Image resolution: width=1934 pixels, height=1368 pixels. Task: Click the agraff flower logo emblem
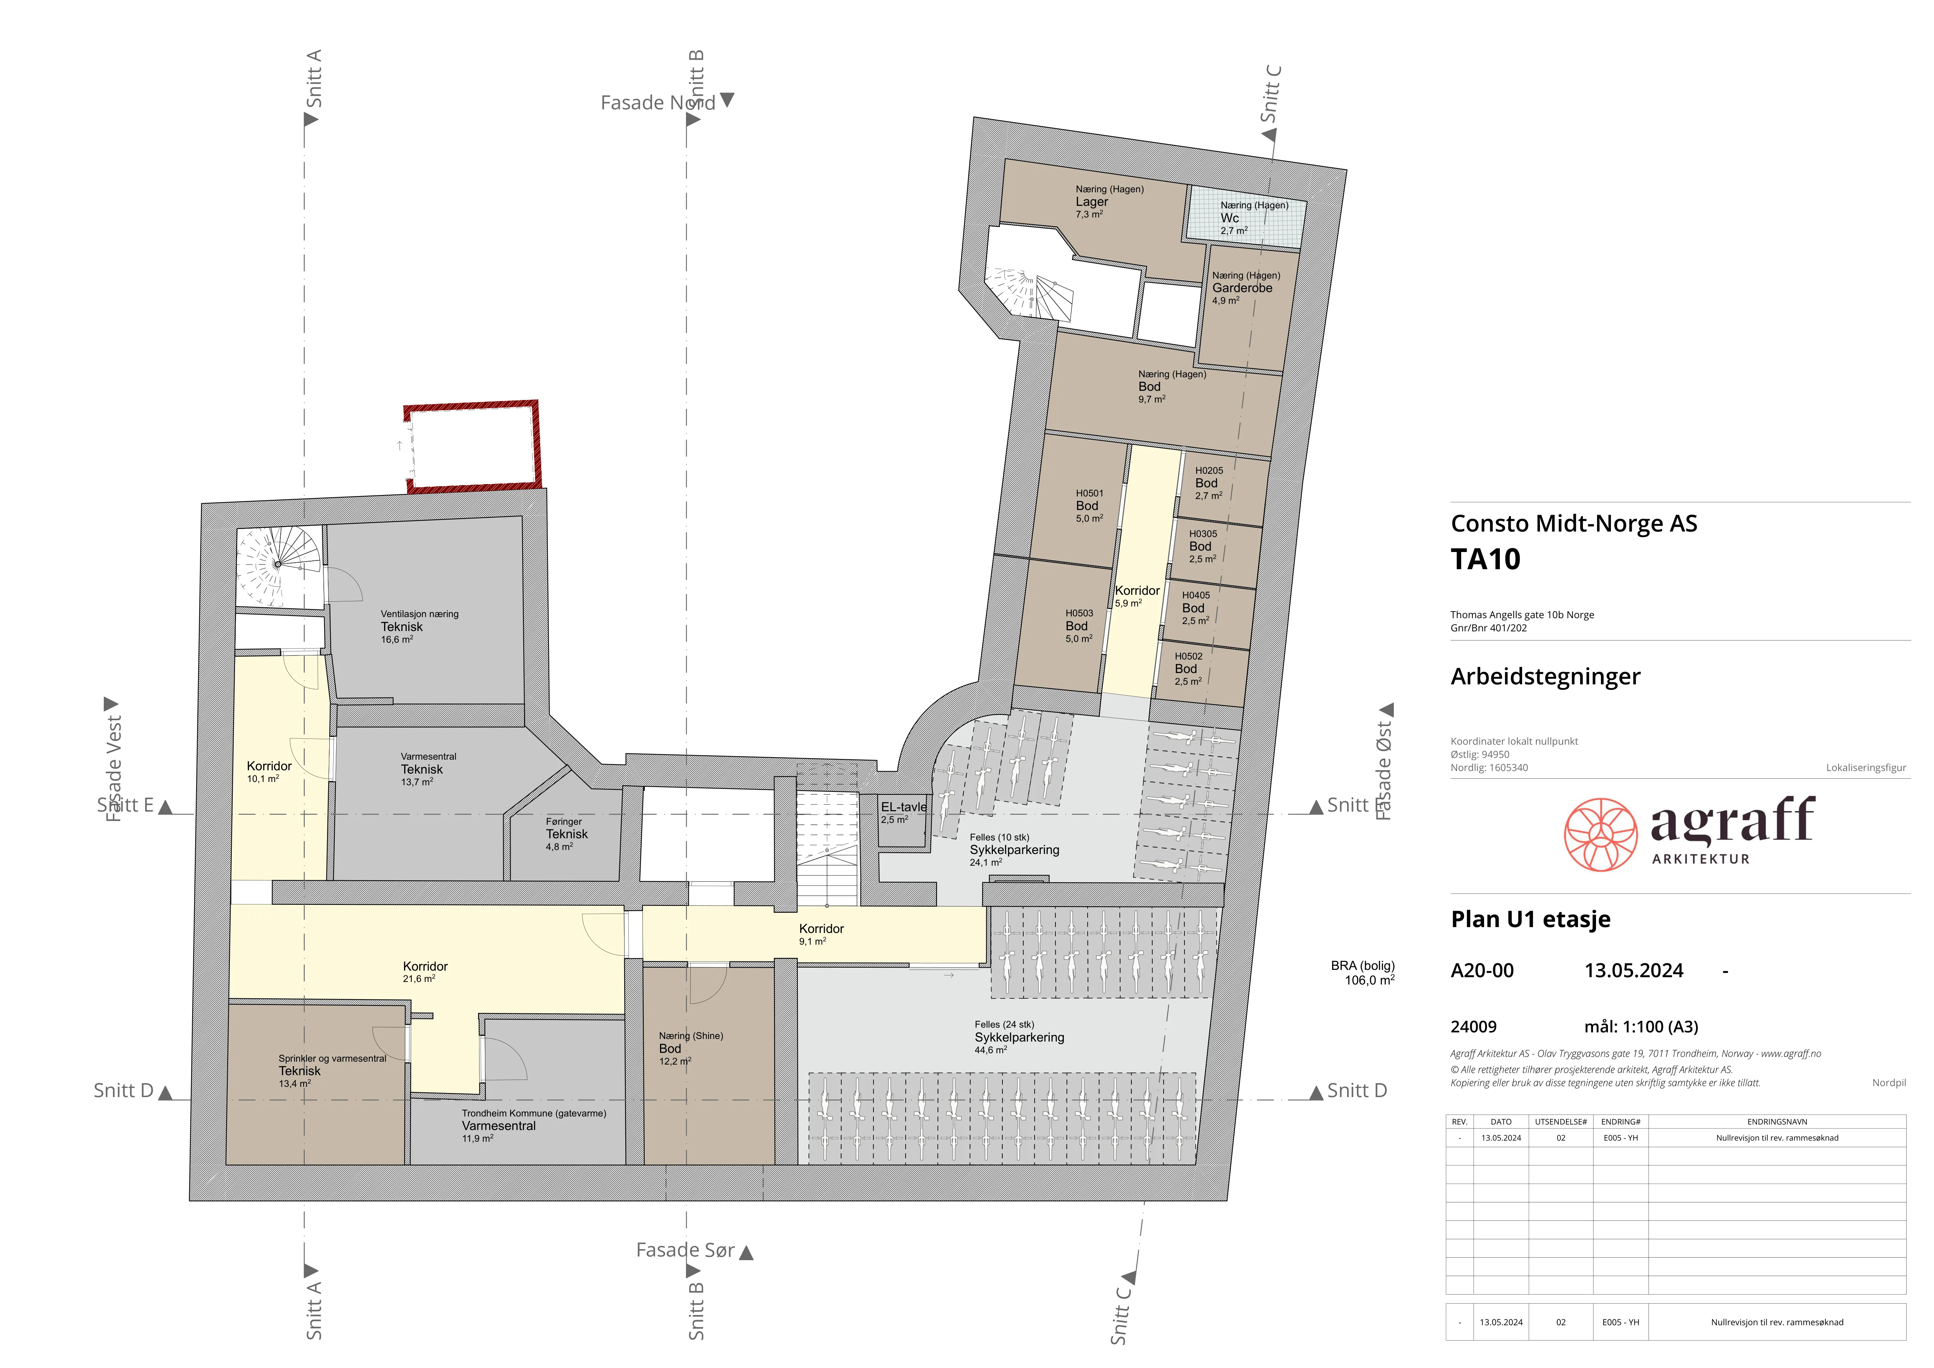1600,834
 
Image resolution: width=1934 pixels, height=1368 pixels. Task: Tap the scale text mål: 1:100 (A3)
1641,1027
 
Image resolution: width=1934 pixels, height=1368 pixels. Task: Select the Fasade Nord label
658,103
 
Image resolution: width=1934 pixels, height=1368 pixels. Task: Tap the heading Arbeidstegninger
1545,676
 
